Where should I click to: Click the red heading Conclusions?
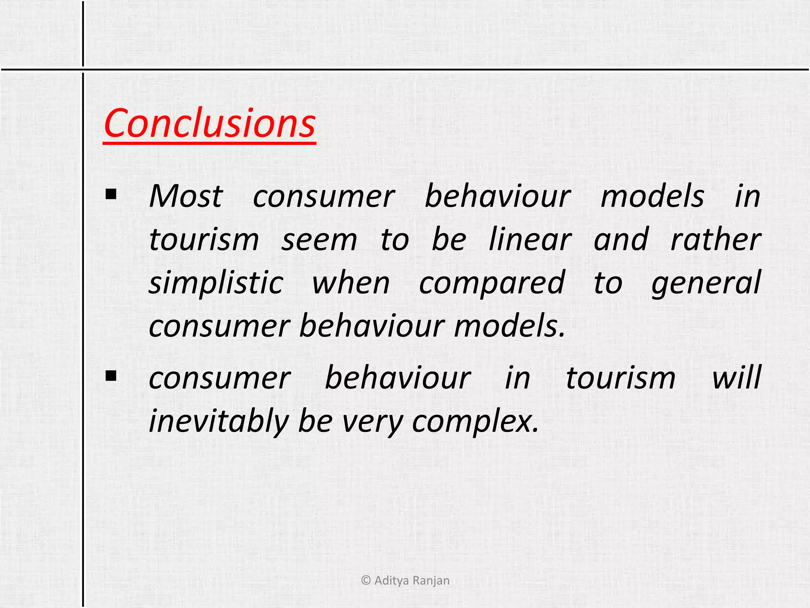click(209, 123)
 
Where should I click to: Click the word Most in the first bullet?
click(186, 197)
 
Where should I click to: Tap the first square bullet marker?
click(111, 194)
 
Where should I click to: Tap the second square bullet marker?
click(111, 375)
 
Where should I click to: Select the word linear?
click(530, 240)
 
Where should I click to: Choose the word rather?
click(716, 240)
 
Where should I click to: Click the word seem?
click(319, 240)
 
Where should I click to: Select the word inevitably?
click(219, 421)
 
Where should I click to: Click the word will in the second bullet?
click(736, 378)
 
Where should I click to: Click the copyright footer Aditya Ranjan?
click(411, 581)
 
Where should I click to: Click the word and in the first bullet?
click(621, 240)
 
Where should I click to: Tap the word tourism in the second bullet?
click(621, 378)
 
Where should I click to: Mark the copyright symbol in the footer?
click(366, 581)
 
